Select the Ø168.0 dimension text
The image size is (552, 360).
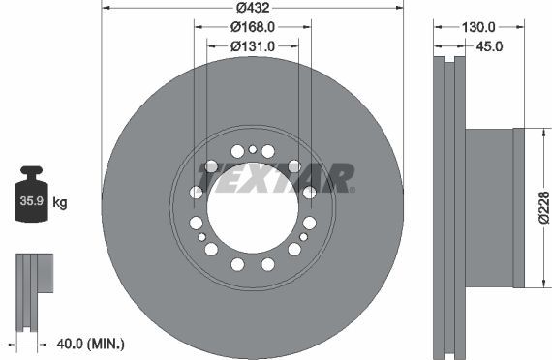[x=252, y=28]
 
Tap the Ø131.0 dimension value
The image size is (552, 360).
[x=252, y=45]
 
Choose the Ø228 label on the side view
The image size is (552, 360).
[x=543, y=207]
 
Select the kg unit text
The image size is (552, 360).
[x=60, y=203]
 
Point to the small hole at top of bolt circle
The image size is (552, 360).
[x=252, y=149]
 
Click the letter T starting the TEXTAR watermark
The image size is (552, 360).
[x=207, y=178]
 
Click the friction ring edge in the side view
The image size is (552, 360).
[x=445, y=207]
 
